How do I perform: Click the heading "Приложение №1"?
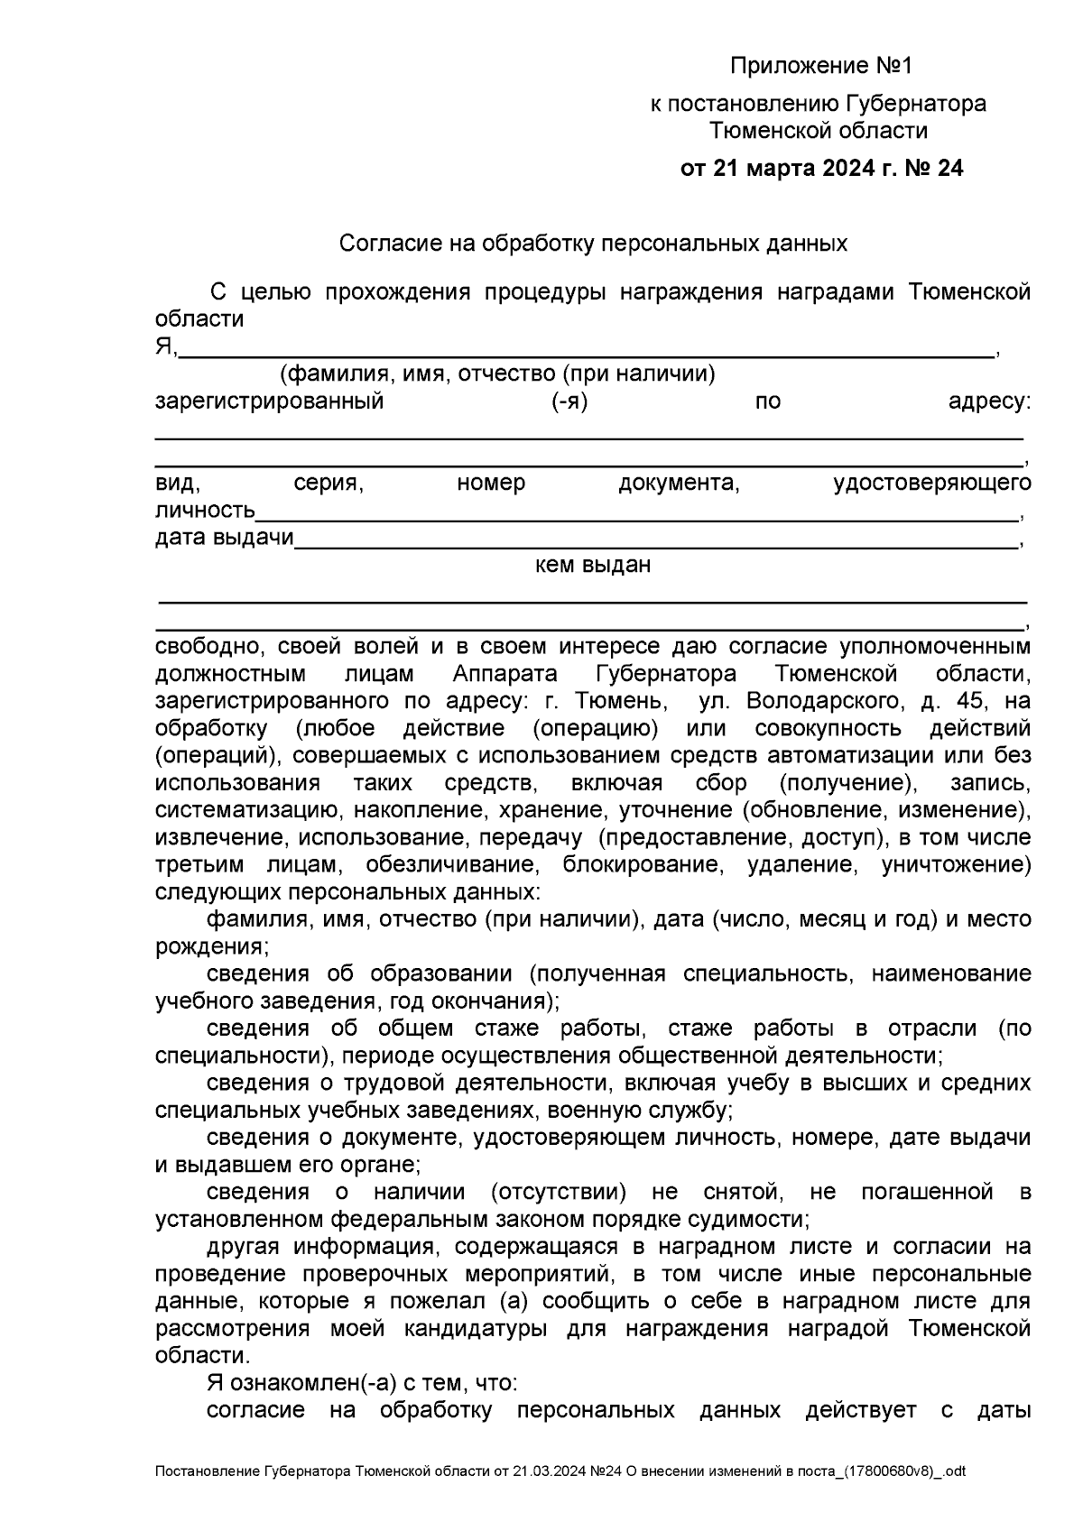click(821, 67)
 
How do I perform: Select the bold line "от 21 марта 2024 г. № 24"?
click(821, 169)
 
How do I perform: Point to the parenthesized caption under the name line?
click(497, 374)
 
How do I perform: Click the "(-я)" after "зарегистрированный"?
click(569, 401)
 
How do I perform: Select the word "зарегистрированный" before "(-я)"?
click(270, 401)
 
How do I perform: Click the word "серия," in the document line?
click(329, 484)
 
